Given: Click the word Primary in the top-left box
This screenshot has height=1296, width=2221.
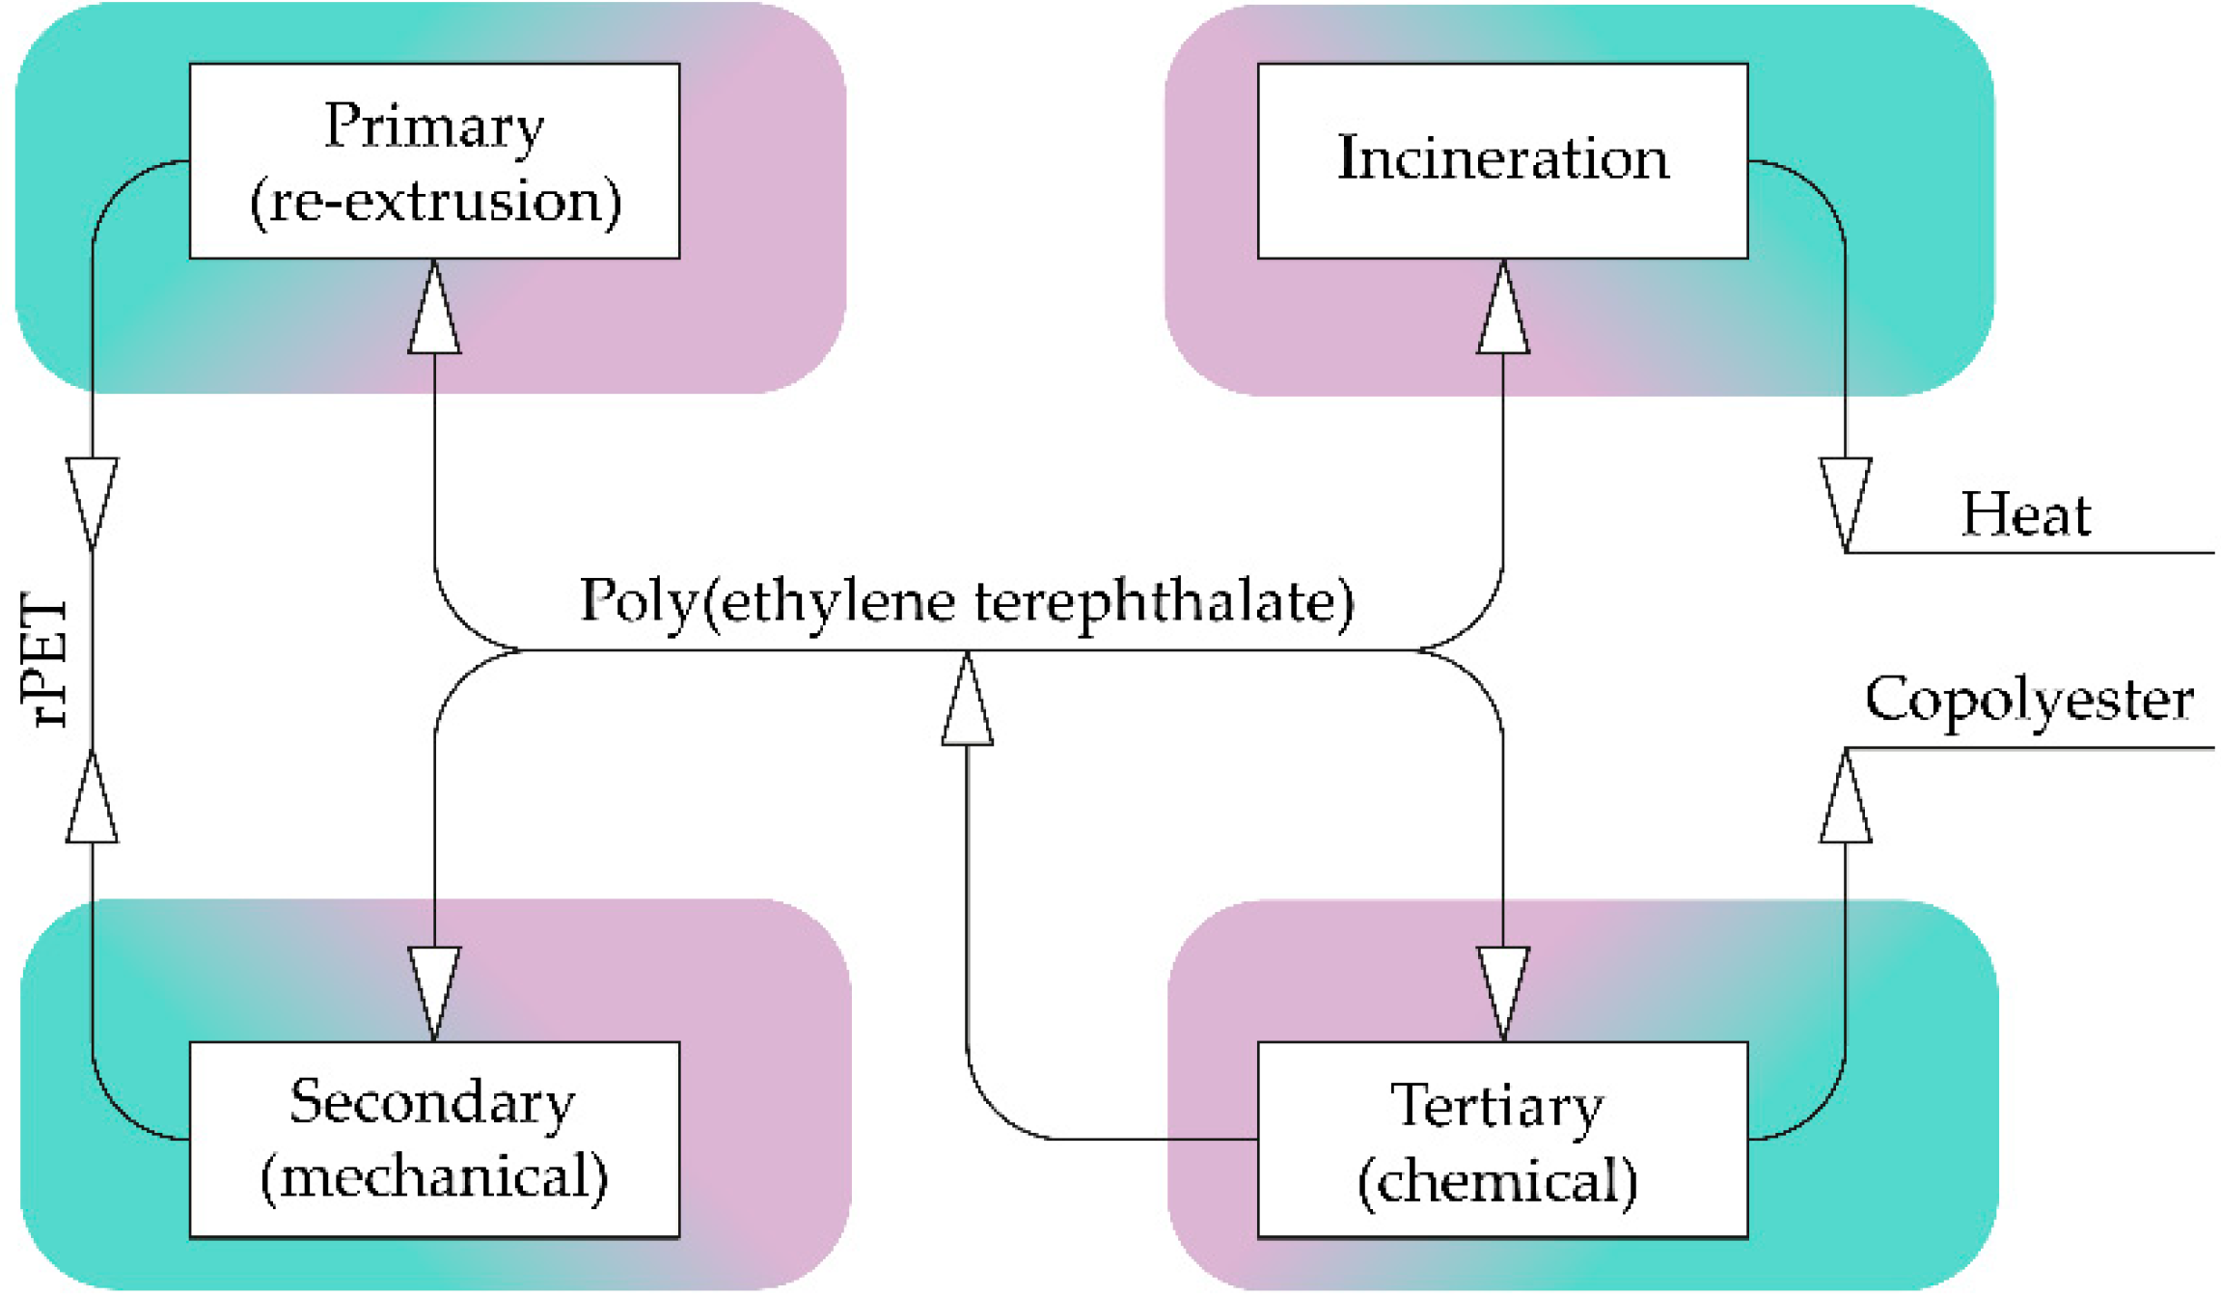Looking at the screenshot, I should click(x=434, y=126).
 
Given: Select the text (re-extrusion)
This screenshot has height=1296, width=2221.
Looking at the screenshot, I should click(x=435, y=202).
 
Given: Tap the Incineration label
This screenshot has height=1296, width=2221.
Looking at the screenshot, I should click(x=1502, y=158).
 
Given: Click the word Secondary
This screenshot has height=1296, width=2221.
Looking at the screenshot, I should click(x=432, y=1102).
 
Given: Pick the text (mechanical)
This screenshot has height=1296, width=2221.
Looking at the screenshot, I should click(x=434, y=1177).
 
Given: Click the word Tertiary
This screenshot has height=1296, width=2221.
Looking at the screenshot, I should click(x=1496, y=1106).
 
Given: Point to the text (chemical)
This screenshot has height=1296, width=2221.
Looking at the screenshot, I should click(x=1497, y=1181).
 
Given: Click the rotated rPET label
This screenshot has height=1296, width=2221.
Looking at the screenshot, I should click(x=44, y=660).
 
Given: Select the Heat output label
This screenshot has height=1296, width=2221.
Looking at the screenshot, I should click(x=2025, y=515).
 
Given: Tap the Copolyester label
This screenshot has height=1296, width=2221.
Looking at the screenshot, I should click(x=2029, y=700).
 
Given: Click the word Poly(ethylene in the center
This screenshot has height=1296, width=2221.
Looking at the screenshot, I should click(x=767, y=601).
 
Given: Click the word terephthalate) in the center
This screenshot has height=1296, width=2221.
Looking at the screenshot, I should click(x=1164, y=601).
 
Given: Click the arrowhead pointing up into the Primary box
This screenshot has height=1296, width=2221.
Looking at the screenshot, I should click(x=434, y=309).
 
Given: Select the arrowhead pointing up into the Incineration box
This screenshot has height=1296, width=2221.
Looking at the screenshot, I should click(x=1502, y=309).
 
